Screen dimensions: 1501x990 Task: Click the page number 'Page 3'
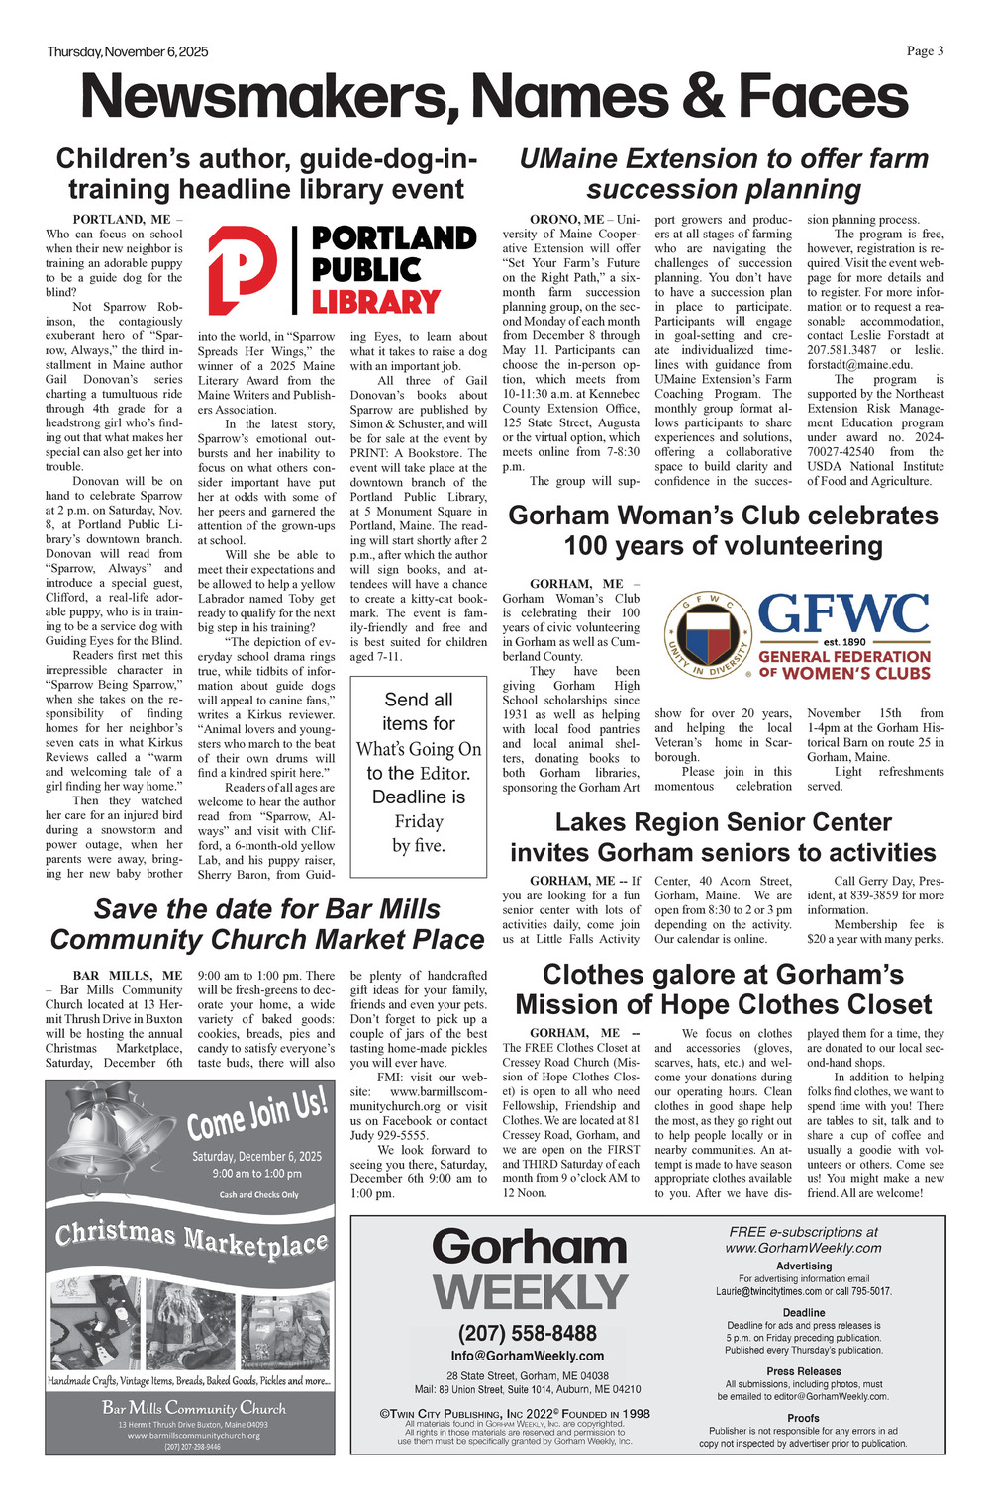coord(925,51)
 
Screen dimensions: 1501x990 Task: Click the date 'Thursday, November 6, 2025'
coord(128,52)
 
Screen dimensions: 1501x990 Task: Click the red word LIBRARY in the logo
coord(375,301)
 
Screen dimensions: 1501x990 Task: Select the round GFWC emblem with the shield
coord(706,636)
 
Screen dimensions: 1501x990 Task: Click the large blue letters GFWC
coord(844,613)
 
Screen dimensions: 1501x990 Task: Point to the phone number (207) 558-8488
coord(528,1333)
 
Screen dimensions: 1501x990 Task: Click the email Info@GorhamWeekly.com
coord(528,1356)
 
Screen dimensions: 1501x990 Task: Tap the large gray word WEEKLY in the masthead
coord(530,1292)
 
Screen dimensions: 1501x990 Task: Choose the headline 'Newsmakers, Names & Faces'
coord(494,97)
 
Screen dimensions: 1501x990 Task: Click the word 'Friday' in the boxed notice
coord(419,821)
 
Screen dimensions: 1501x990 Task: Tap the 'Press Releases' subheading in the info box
coord(804,1371)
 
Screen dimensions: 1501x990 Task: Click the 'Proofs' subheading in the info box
coord(803,1418)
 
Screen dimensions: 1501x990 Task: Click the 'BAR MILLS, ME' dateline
coord(128,976)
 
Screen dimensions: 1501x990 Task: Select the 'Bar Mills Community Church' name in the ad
coord(194,1408)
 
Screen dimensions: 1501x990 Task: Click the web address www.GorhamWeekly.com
coord(803,1248)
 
